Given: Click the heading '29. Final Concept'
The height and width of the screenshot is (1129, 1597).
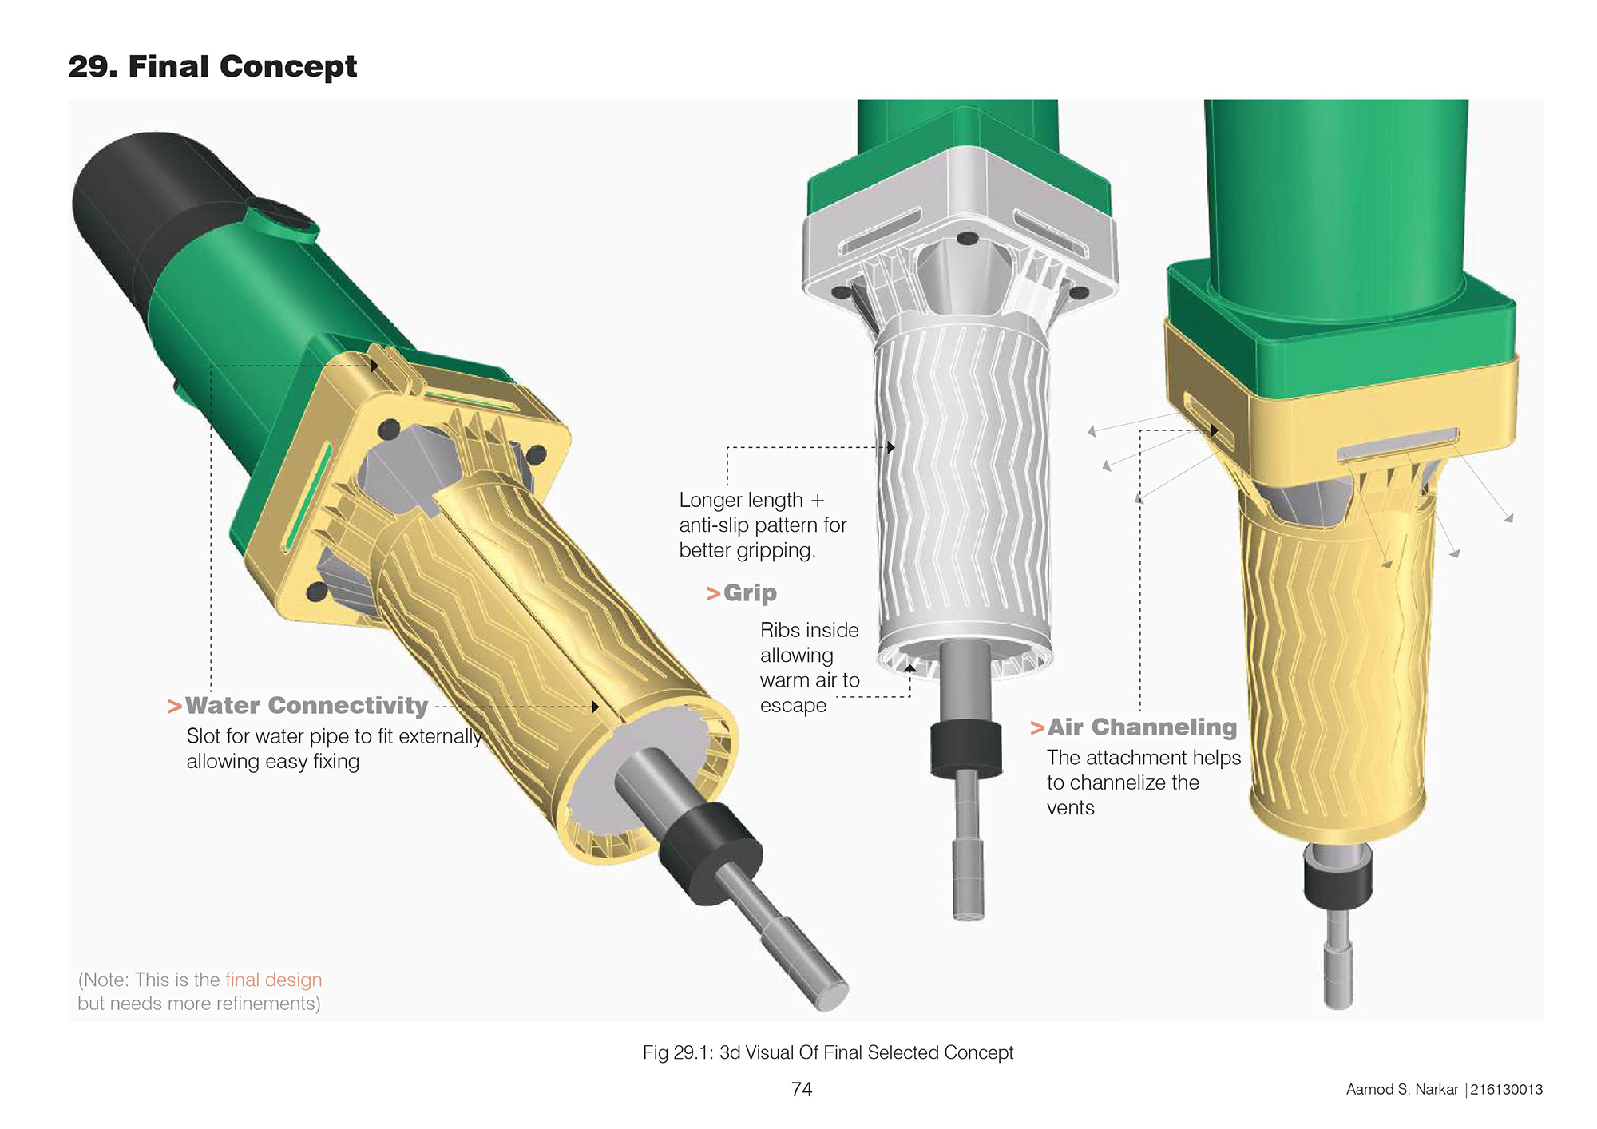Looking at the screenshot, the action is (212, 66).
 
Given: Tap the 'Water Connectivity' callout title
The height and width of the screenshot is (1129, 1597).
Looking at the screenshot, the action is (307, 706).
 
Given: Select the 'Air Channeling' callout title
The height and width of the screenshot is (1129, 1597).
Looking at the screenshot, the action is (1142, 727).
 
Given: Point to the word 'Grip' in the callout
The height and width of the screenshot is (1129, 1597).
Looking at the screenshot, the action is (750, 593).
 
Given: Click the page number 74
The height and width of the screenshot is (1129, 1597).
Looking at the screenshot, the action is (802, 1089).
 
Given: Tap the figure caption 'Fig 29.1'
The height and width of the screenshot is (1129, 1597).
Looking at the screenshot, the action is (676, 1052).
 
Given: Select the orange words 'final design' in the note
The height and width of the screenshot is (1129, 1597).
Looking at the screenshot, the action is (274, 980).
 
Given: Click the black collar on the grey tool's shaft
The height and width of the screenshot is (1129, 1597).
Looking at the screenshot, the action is (965, 748).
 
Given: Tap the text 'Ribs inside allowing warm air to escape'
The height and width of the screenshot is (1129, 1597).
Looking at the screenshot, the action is (810, 667).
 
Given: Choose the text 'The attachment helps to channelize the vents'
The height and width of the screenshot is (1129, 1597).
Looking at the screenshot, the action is (1143, 782).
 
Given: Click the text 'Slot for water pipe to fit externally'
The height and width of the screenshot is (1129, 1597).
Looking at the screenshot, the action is (334, 736).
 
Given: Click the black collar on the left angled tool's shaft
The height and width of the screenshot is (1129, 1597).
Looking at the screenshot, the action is (710, 851).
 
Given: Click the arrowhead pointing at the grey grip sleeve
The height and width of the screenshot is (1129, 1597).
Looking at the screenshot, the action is (891, 447).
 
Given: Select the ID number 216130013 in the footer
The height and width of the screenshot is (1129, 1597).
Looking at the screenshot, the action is (1507, 1090).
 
